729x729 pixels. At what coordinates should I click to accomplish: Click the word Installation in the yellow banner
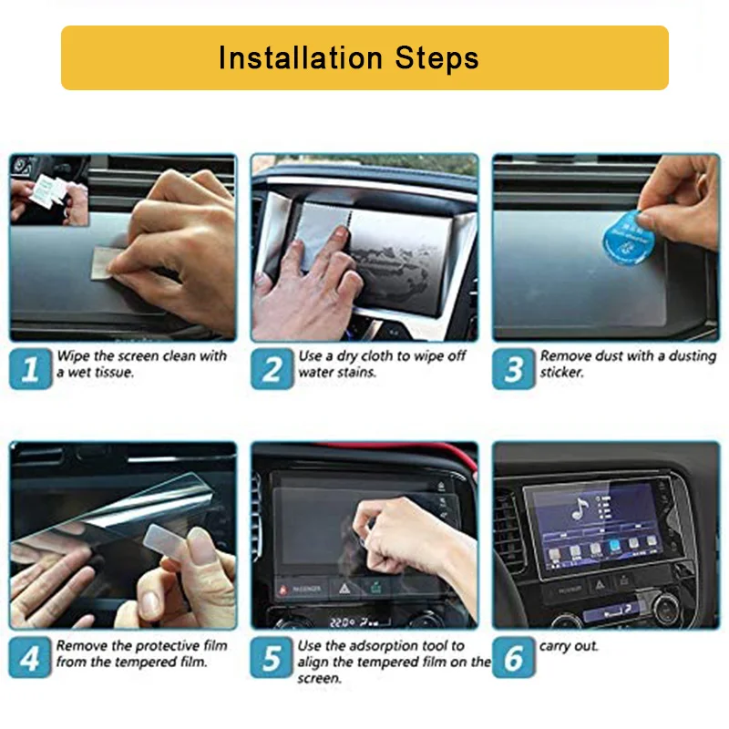[x=301, y=57]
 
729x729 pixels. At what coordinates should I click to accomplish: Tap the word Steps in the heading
[x=436, y=58]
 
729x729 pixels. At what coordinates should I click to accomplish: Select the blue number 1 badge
[x=31, y=368]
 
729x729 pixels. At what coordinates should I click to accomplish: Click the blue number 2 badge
[x=272, y=368]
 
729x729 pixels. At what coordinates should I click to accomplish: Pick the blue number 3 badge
[x=514, y=368]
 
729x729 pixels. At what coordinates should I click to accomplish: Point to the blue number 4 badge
[x=30, y=657]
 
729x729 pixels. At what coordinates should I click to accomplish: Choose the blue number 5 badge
[x=272, y=657]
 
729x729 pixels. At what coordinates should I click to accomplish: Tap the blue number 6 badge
[x=514, y=657]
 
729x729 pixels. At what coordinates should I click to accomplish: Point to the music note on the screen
[x=580, y=508]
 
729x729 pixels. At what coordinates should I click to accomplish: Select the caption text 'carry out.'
[x=568, y=646]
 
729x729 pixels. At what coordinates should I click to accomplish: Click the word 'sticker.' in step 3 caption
[x=561, y=373]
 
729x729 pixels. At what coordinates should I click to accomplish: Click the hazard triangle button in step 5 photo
[x=344, y=589]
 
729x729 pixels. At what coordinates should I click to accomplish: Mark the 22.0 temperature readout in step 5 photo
[x=343, y=622]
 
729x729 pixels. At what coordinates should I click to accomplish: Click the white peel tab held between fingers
[x=165, y=540]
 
